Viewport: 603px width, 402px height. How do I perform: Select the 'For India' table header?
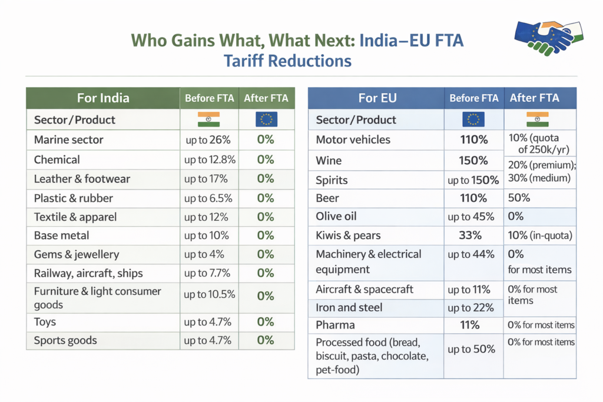(x=103, y=98)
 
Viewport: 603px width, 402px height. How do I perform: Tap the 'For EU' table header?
(x=377, y=98)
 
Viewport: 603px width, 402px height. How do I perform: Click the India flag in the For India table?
(x=208, y=119)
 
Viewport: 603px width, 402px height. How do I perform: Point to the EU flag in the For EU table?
(x=473, y=119)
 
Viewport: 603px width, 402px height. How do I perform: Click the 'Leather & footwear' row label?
(x=82, y=179)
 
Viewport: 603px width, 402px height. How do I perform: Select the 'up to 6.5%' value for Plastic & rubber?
(x=207, y=198)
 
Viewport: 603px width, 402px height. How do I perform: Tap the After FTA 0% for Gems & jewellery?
(x=266, y=255)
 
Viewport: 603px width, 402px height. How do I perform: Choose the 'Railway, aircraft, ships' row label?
(x=88, y=273)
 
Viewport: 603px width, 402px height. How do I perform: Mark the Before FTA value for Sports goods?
(x=208, y=340)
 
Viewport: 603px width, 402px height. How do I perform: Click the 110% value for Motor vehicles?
(x=474, y=140)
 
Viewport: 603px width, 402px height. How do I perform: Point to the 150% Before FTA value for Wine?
(x=474, y=161)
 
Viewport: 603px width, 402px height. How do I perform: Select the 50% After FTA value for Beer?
(x=519, y=198)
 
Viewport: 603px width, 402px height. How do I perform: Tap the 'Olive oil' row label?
(x=336, y=216)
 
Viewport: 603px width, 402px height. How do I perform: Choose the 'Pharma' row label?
(x=334, y=325)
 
